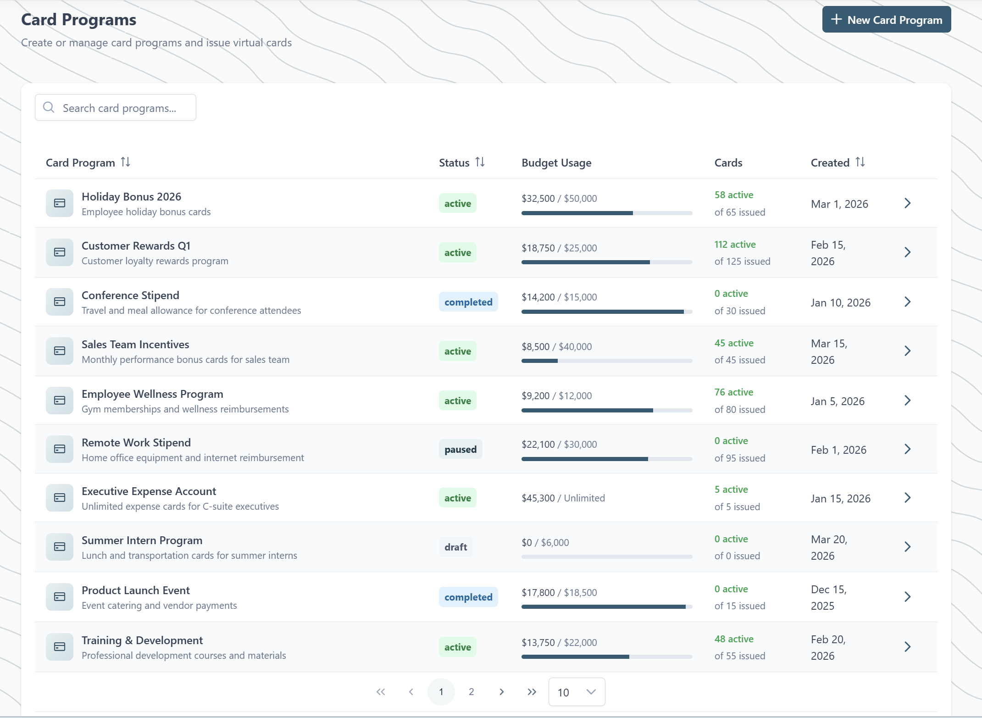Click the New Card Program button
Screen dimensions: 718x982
point(886,20)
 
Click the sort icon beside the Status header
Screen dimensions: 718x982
point(480,162)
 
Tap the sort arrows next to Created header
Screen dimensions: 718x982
point(860,162)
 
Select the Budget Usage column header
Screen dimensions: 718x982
point(556,163)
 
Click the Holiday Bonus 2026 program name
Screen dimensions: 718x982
point(131,197)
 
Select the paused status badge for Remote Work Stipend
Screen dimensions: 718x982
point(460,450)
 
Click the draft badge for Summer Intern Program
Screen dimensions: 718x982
point(455,547)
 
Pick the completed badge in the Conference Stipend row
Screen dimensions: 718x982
point(468,302)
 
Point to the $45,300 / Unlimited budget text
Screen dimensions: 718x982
point(563,498)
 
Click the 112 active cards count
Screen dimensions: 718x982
point(735,245)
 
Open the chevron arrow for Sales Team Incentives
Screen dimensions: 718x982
point(907,351)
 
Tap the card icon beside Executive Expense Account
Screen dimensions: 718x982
point(60,498)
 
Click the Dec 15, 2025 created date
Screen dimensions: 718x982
point(828,597)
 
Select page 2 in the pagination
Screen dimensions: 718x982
point(471,692)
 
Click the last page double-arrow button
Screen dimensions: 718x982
point(532,692)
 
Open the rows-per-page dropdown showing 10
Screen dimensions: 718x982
point(577,692)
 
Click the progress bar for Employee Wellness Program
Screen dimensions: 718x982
point(606,411)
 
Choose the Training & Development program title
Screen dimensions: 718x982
point(142,640)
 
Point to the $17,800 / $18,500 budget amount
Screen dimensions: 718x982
point(559,593)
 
